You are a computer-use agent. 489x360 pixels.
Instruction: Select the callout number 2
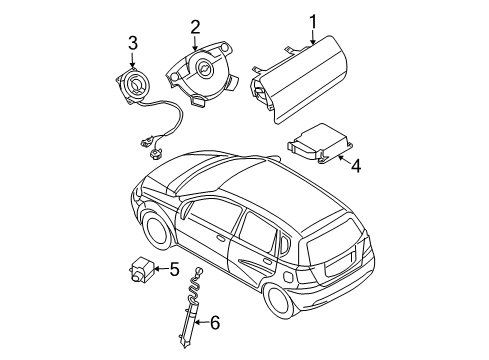point(196,27)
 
